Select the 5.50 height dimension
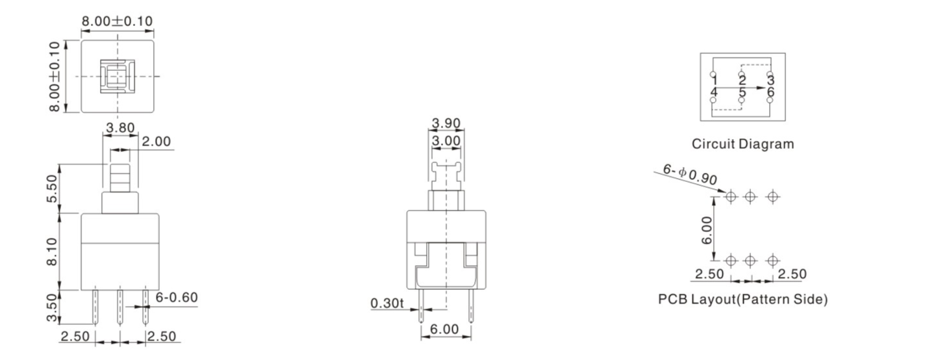click(55, 188)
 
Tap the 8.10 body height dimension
click(55, 251)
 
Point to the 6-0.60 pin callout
click(177, 298)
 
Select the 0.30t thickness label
click(387, 303)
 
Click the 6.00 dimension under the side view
click(446, 330)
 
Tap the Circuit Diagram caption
click(742, 144)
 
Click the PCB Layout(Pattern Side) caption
click(742, 300)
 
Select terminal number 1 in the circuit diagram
click(715, 81)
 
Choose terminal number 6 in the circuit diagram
click(770, 93)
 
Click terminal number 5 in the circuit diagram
click(742, 93)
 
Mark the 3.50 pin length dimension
click(55, 307)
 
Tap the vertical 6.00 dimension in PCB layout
click(707, 229)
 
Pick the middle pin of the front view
click(120, 307)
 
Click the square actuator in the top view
click(117, 77)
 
